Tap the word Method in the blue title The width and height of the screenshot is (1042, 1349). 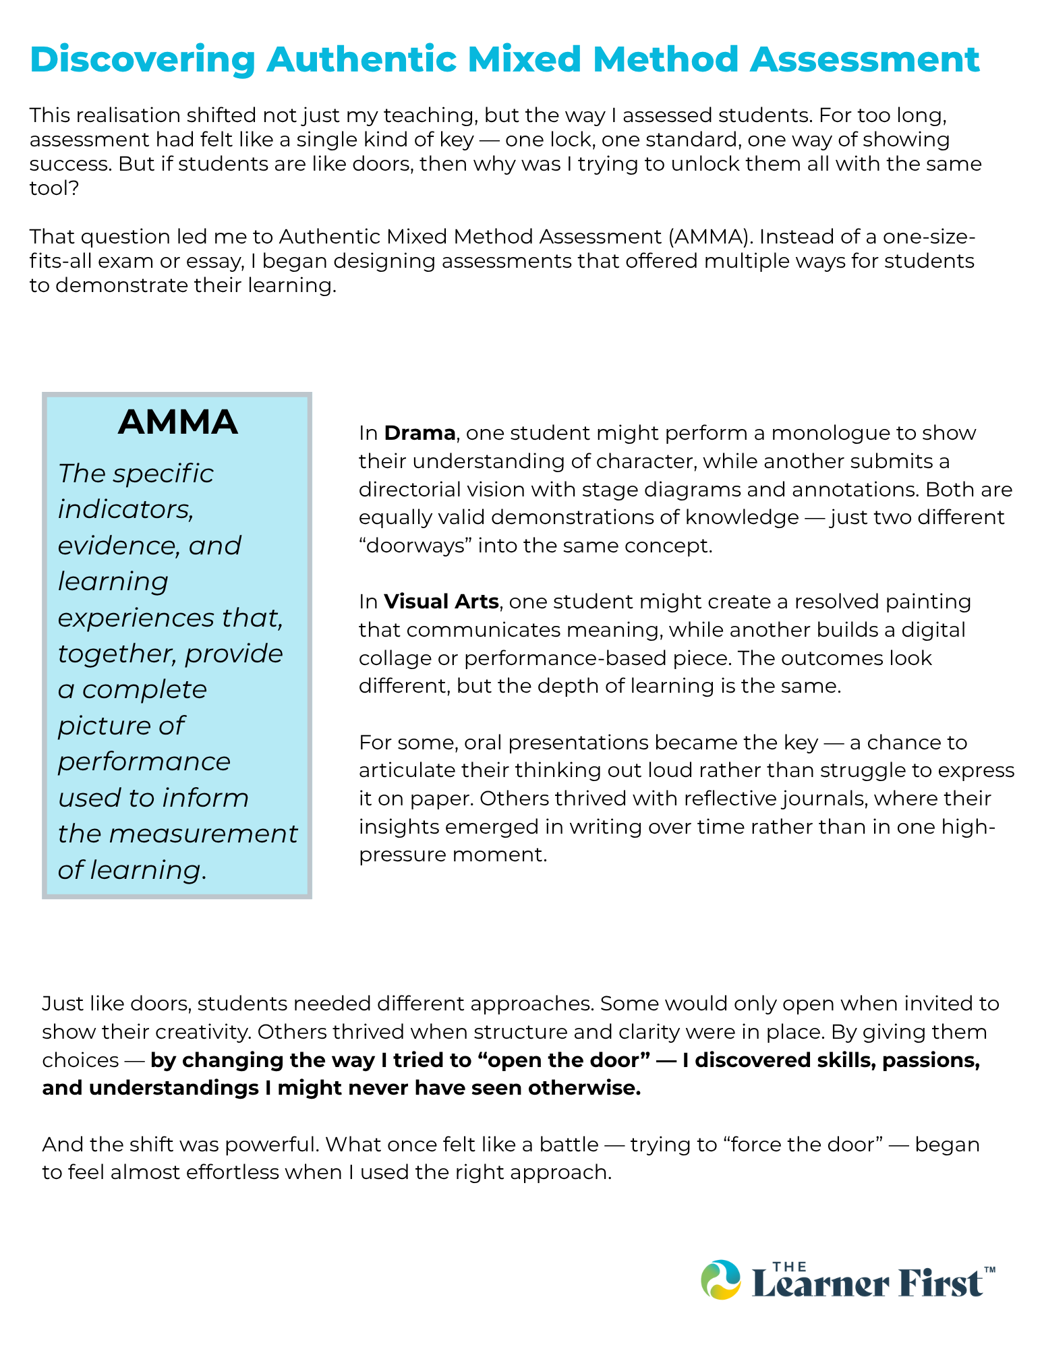[x=664, y=59]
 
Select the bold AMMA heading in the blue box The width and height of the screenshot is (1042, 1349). [x=177, y=422]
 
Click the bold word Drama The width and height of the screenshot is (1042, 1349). [x=419, y=433]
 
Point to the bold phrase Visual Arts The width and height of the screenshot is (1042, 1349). [x=441, y=602]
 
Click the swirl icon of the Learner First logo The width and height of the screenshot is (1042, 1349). [x=721, y=1280]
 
